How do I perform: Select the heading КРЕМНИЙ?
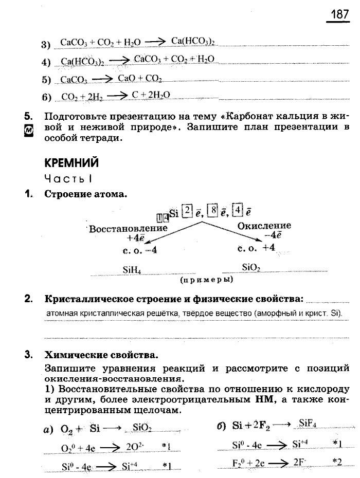71,163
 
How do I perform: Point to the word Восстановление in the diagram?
128,228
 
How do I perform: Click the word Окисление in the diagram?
264,226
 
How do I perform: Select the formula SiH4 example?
132,269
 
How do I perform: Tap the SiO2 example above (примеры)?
251,267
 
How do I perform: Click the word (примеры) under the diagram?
206,280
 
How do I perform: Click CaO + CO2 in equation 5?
140,79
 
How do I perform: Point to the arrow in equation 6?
117,95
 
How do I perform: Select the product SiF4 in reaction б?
308,424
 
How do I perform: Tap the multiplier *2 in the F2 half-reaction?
337,461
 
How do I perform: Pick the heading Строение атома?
85,194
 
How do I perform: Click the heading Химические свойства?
101,355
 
